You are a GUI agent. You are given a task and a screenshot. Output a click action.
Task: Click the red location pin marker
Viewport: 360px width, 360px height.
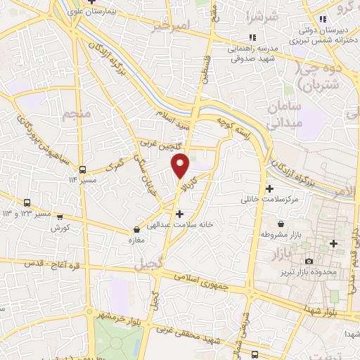tap(181, 166)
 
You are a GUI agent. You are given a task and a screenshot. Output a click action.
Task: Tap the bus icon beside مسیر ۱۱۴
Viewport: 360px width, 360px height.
tap(83, 169)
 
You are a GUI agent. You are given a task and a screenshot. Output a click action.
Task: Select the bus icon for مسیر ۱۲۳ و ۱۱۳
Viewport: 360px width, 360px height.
tap(27, 202)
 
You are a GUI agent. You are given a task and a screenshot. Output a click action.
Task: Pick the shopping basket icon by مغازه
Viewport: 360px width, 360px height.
tap(137, 229)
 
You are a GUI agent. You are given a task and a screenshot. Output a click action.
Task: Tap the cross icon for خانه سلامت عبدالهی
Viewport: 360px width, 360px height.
tap(180, 213)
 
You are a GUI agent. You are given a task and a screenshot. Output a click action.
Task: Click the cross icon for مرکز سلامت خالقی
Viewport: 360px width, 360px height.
tap(270, 188)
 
